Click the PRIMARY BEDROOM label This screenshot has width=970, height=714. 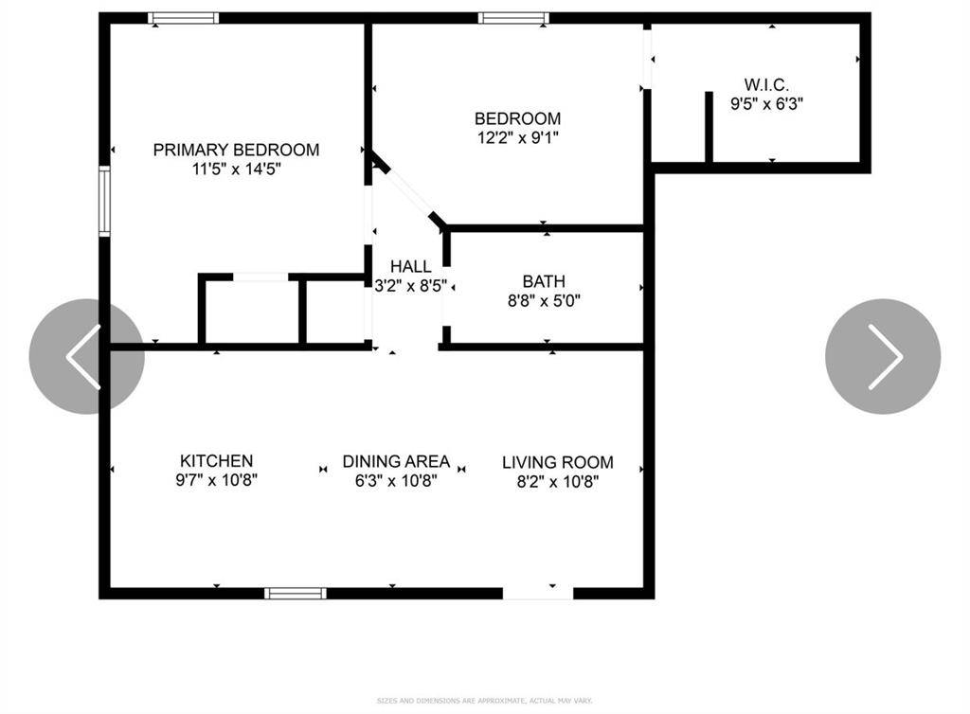point(236,150)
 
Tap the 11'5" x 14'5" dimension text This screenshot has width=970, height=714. point(236,170)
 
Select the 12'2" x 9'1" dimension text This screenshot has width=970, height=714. point(517,138)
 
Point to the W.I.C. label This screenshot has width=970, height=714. point(766,84)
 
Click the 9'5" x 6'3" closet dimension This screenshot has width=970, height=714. point(766,103)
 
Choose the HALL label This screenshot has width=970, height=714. point(410,267)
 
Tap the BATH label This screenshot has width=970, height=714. point(544,281)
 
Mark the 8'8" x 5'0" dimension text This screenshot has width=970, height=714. point(544,301)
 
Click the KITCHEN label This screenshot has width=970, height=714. point(216,461)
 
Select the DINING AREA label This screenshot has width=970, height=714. point(396,461)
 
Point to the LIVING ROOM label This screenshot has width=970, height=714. point(557,462)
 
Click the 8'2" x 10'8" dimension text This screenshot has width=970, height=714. point(557,481)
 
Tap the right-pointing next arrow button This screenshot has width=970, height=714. point(883,356)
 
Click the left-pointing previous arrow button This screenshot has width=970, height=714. point(85,356)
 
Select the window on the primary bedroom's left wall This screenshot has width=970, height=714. point(104,200)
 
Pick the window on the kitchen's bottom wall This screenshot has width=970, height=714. point(295,594)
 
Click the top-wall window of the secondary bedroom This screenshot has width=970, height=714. point(512,18)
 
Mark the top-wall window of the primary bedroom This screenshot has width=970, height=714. point(184,18)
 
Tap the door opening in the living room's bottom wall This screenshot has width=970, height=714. point(538,594)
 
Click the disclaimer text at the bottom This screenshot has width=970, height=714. point(484,701)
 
